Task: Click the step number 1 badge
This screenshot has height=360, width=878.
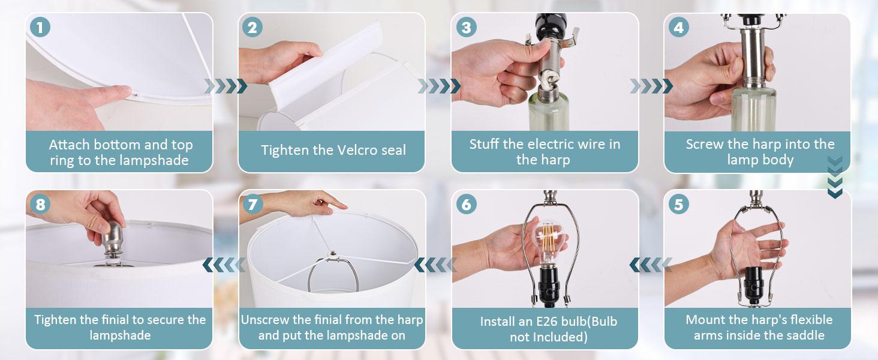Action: (40, 27)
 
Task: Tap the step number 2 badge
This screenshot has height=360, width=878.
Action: (252, 27)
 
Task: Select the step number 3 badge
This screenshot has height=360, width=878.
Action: (466, 27)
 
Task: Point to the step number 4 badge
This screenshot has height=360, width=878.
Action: (678, 27)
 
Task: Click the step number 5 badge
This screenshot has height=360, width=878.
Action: (678, 204)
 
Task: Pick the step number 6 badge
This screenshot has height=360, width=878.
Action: (466, 204)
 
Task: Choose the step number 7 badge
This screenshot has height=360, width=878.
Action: (252, 204)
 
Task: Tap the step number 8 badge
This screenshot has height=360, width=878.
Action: (40, 204)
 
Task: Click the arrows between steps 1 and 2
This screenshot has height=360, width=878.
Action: (225, 86)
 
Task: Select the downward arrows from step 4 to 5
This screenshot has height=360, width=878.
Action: (835, 177)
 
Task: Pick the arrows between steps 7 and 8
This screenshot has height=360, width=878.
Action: (224, 265)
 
